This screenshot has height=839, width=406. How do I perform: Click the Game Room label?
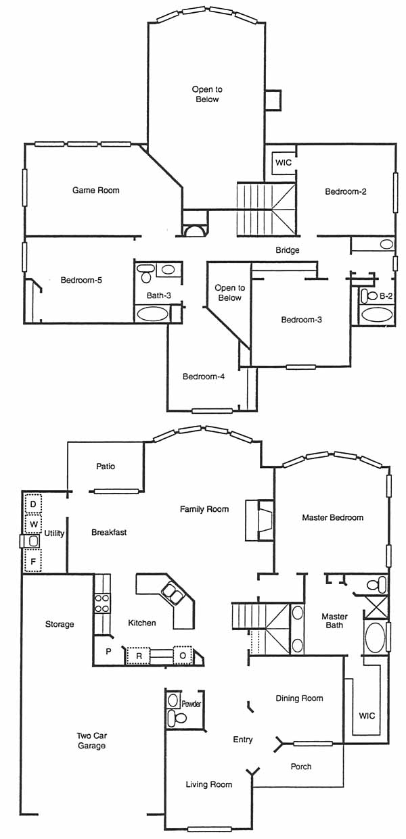point(96,190)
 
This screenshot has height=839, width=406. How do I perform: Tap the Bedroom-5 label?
point(81,280)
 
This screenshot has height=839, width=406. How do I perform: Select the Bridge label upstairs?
point(288,250)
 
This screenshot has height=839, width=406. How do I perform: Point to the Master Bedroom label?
point(332,518)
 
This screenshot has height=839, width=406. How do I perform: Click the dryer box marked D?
point(33,504)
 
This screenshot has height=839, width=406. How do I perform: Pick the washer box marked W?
point(33,524)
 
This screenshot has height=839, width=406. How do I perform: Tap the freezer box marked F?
point(33,561)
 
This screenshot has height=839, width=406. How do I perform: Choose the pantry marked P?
point(108,651)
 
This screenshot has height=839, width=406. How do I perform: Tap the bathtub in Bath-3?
point(152,314)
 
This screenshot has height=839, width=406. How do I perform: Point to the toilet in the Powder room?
point(177,717)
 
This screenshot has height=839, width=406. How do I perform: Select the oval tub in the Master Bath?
point(375,638)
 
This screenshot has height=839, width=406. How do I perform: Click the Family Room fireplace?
point(259,521)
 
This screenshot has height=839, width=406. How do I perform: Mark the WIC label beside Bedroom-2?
point(284,163)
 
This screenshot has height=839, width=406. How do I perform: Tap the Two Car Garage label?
point(91,740)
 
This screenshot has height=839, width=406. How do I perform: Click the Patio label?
point(106,466)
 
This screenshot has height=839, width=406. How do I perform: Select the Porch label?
point(301,767)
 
